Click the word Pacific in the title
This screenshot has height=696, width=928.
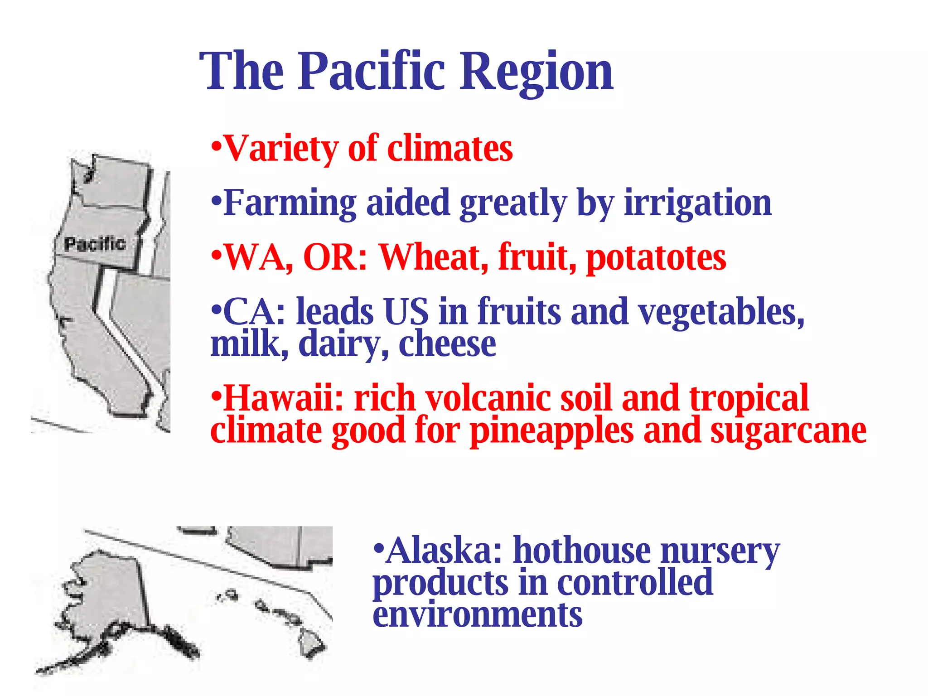pyautogui.click(x=372, y=72)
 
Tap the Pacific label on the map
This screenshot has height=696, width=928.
pyautogui.click(x=95, y=244)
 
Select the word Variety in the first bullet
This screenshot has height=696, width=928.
pyautogui.click(x=281, y=149)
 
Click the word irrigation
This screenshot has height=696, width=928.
pyautogui.click(x=698, y=203)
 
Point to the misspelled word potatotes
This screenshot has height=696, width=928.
pyautogui.click(x=656, y=257)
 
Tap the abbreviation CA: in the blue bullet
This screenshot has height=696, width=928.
pyautogui.click(x=254, y=312)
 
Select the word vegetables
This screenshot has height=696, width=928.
pyautogui.click(x=720, y=312)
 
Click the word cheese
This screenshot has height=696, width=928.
pyautogui.click(x=447, y=344)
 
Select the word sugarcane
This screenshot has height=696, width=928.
pyautogui.click(x=788, y=430)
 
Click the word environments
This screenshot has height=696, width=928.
pyautogui.click(x=478, y=615)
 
